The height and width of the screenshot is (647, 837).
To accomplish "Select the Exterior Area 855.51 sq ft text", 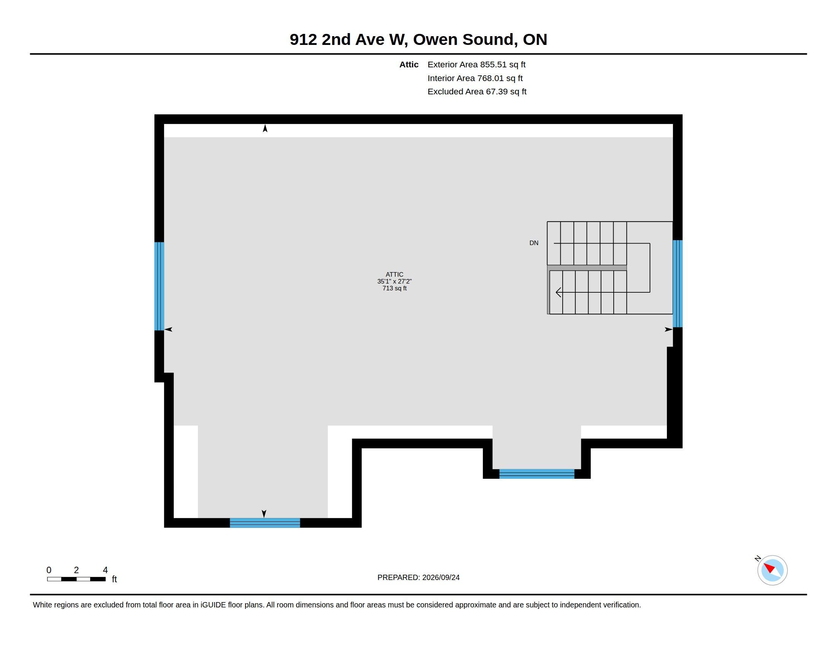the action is [x=476, y=64].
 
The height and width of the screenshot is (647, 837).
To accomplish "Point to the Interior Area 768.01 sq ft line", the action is [x=475, y=78].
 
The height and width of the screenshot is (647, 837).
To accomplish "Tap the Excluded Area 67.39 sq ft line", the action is [x=477, y=92].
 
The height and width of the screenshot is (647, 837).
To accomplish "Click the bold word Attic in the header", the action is [x=409, y=64].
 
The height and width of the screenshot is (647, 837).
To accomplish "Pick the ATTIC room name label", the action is [x=395, y=274].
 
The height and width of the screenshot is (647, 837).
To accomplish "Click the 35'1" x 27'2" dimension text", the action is [x=395, y=281].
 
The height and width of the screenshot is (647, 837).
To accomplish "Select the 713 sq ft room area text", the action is [x=395, y=288].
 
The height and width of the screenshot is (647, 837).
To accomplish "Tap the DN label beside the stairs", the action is [x=534, y=243].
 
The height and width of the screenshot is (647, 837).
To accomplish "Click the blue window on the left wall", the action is [x=159, y=286].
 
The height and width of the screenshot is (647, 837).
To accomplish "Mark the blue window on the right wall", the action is [x=678, y=284].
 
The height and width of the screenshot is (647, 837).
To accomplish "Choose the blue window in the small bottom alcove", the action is [x=536, y=474].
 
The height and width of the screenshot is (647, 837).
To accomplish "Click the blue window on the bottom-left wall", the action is [x=265, y=523].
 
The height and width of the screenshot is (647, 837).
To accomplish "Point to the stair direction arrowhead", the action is [x=559, y=292].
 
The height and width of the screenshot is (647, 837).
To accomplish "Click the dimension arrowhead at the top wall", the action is [x=265, y=128].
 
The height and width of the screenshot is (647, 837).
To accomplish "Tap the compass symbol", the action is [x=772, y=571].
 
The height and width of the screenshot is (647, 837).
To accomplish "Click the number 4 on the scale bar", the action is [x=105, y=570].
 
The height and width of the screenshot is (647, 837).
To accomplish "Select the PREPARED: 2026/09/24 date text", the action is [x=418, y=577].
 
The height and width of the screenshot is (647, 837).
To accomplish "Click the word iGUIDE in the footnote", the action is [x=213, y=605].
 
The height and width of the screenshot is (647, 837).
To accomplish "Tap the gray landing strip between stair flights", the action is [x=587, y=268].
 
